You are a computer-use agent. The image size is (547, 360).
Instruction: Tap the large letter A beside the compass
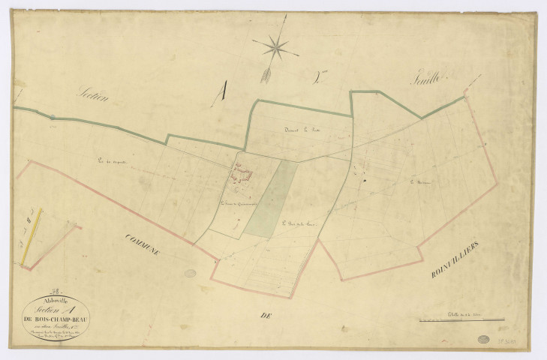click(x=220, y=93)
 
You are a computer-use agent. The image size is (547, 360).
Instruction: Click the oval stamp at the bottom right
click(x=482, y=340)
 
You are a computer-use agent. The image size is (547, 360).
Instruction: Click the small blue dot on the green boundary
click(x=53, y=117)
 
